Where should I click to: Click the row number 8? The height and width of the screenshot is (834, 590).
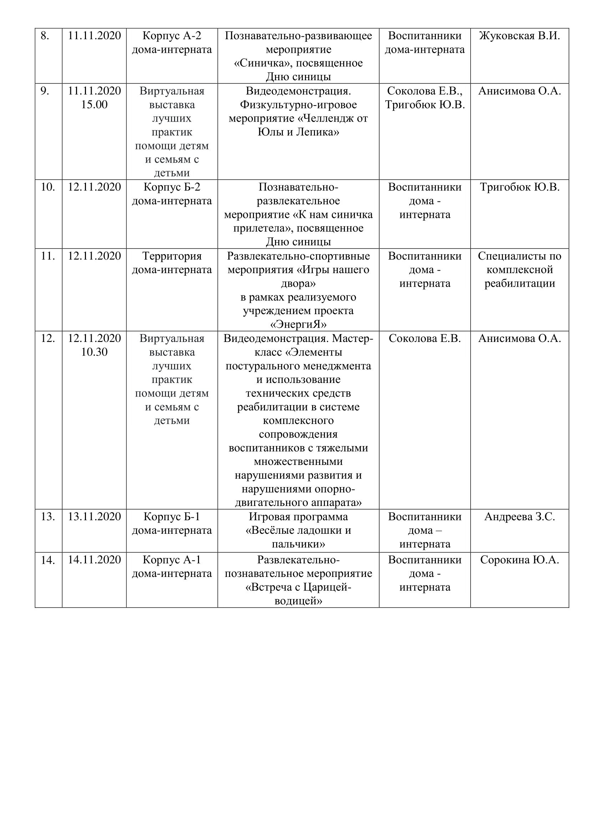coord(45,36)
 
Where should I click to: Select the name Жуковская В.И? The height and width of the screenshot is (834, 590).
coord(519,36)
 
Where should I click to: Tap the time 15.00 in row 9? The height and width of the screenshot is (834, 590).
coord(94,104)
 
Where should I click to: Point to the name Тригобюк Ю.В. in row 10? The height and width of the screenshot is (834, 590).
coord(519,188)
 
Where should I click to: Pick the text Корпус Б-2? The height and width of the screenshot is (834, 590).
coord(172,188)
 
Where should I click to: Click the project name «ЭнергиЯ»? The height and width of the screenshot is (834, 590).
coord(298,324)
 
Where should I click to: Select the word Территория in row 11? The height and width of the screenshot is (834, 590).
coord(172,256)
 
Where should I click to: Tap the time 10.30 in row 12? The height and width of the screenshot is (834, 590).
coord(94,352)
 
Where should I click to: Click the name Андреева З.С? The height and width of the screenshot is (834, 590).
coord(519,517)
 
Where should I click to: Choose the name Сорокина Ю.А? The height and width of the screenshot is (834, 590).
coord(519,560)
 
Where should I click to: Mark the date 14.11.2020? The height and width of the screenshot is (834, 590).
coord(94,560)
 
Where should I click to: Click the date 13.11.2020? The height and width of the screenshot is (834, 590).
coord(94,517)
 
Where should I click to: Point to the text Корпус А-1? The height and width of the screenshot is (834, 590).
coord(172,560)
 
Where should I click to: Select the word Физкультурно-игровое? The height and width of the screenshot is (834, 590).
coord(298,104)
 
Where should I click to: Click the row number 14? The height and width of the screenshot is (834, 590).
coord(47,561)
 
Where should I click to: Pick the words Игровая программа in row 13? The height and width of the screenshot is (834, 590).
coord(298,517)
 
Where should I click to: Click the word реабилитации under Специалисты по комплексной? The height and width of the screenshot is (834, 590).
coord(519,284)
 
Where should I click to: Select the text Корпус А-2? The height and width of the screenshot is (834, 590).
coord(172,36)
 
